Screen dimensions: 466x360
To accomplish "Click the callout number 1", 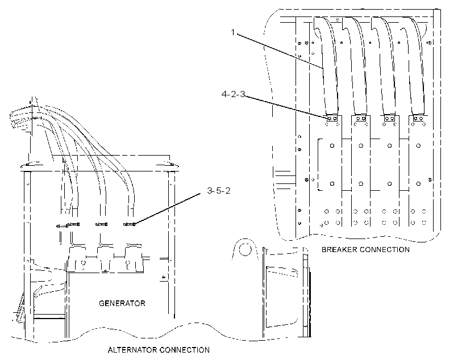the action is click(233, 32).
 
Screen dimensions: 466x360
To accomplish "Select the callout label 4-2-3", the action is click(234, 94).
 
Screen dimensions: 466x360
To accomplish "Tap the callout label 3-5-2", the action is click(219, 191).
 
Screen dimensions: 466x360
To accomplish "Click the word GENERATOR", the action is click(122, 303).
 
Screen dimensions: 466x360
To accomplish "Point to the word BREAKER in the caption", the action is click(339, 249).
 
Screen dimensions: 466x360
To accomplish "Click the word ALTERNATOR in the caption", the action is click(132, 350).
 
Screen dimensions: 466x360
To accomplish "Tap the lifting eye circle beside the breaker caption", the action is click(245, 249).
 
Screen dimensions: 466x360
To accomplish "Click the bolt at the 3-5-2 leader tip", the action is click(130, 224).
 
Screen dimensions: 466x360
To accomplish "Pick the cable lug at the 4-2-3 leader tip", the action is click(332, 119).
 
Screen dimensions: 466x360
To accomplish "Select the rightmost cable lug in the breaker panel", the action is click(418, 119).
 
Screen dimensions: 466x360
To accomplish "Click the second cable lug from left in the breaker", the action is click(361, 119).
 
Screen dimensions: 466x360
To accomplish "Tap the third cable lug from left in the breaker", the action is click(389, 119).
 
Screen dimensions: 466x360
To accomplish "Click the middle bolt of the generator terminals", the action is click(101, 224).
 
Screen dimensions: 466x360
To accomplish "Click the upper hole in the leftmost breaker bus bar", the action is click(332, 145).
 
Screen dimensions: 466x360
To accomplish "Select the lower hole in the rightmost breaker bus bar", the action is click(418, 183).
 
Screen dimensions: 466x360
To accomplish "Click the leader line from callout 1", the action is click(280, 51).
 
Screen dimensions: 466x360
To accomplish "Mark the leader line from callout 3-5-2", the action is click(168, 208).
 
